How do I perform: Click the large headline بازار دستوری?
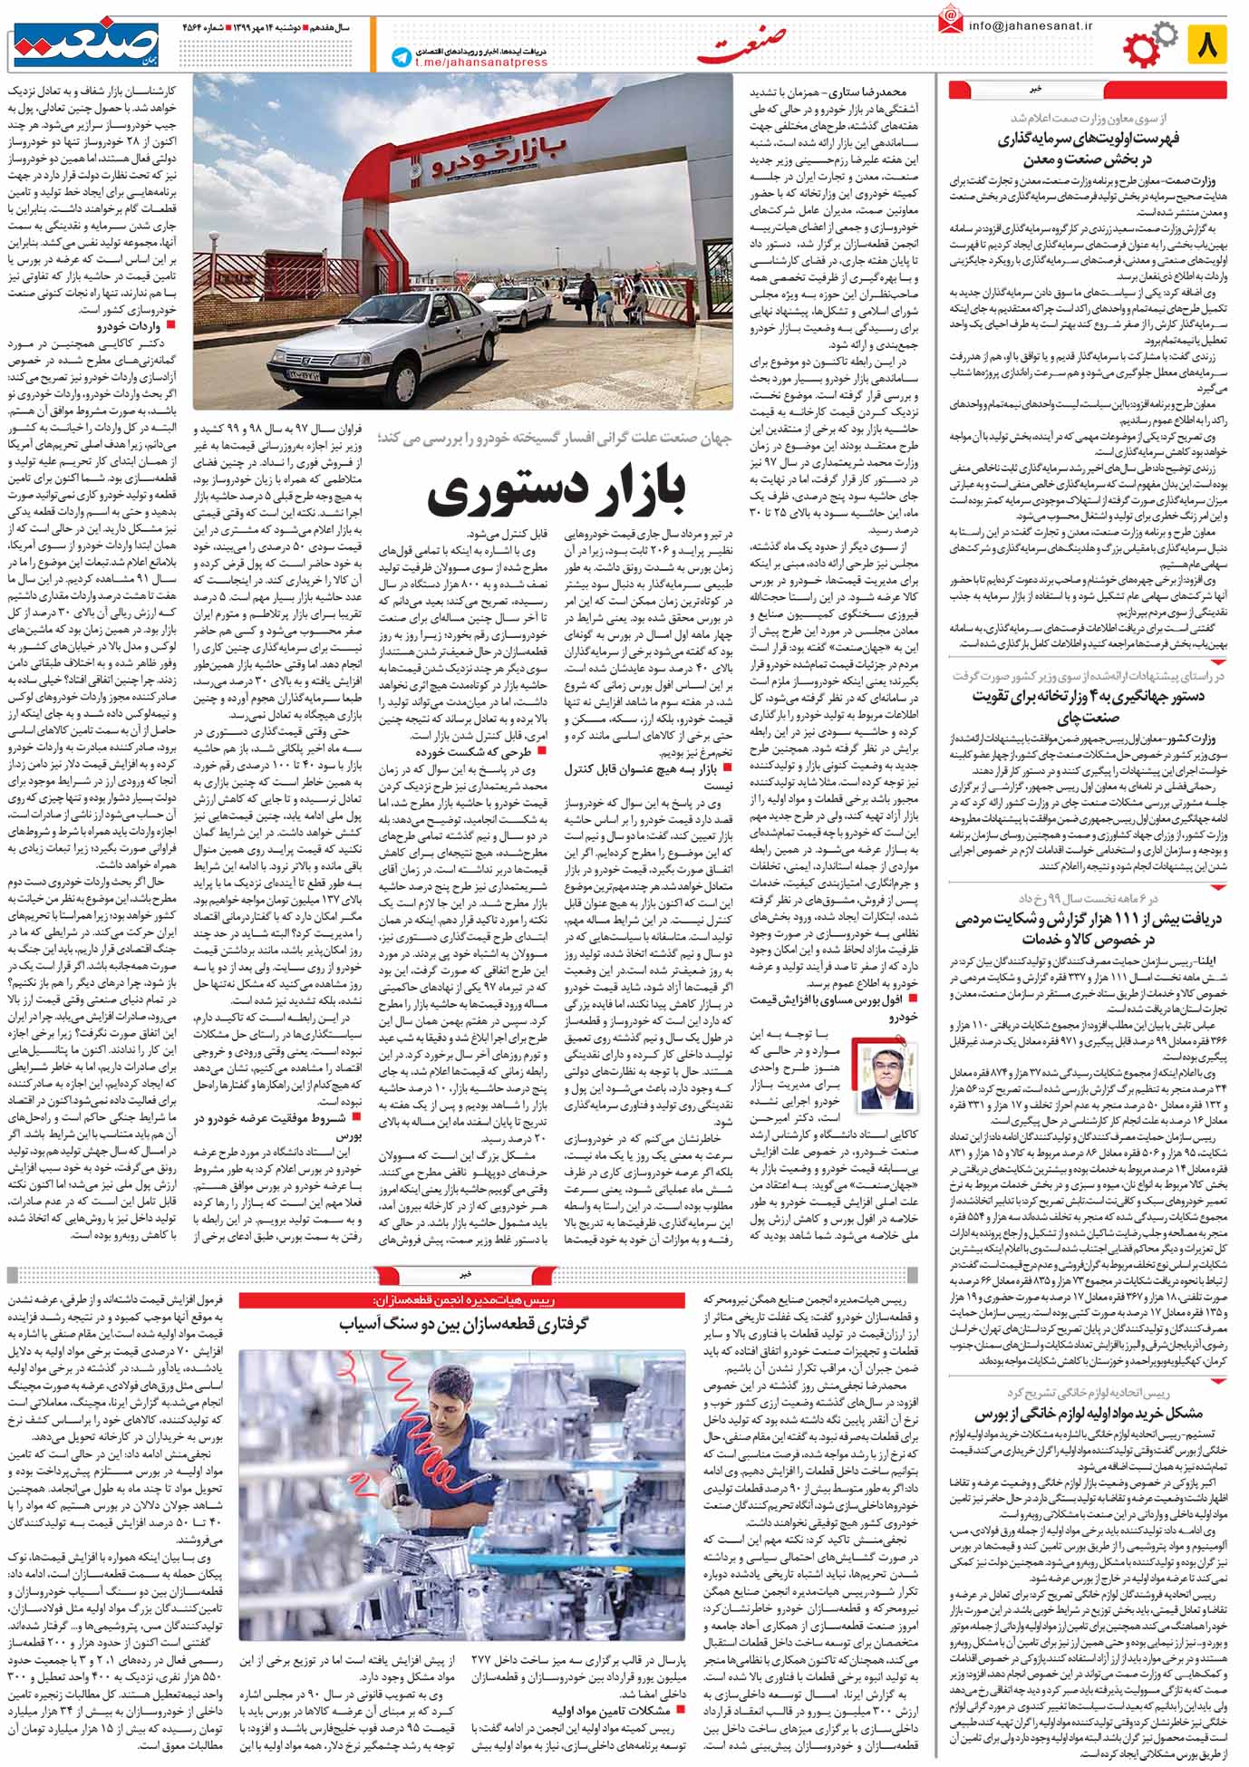tap(557, 496)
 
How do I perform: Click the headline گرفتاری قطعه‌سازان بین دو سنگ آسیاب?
tap(464, 1324)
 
